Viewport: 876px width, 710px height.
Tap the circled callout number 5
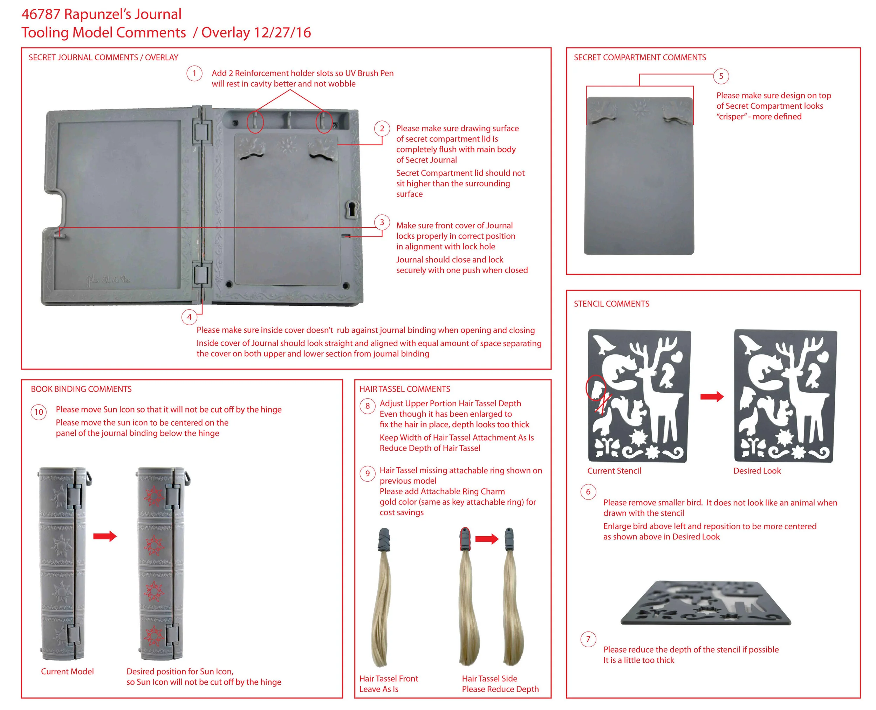tap(721, 76)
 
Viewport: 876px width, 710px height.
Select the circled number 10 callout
tap(39, 412)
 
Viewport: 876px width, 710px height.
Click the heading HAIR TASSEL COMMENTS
tap(404, 389)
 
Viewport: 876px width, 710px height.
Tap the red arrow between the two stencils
tap(712, 396)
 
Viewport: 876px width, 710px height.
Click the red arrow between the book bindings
tap(105, 536)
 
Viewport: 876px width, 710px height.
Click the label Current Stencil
tap(614, 471)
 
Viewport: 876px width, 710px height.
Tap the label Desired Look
tap(757, 471)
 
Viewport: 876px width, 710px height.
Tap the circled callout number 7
tap(588, 639)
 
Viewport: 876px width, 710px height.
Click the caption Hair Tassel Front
tap(388, 678)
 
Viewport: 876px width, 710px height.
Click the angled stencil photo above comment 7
tap(705, 603)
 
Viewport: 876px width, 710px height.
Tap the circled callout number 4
tap(189, 317)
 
